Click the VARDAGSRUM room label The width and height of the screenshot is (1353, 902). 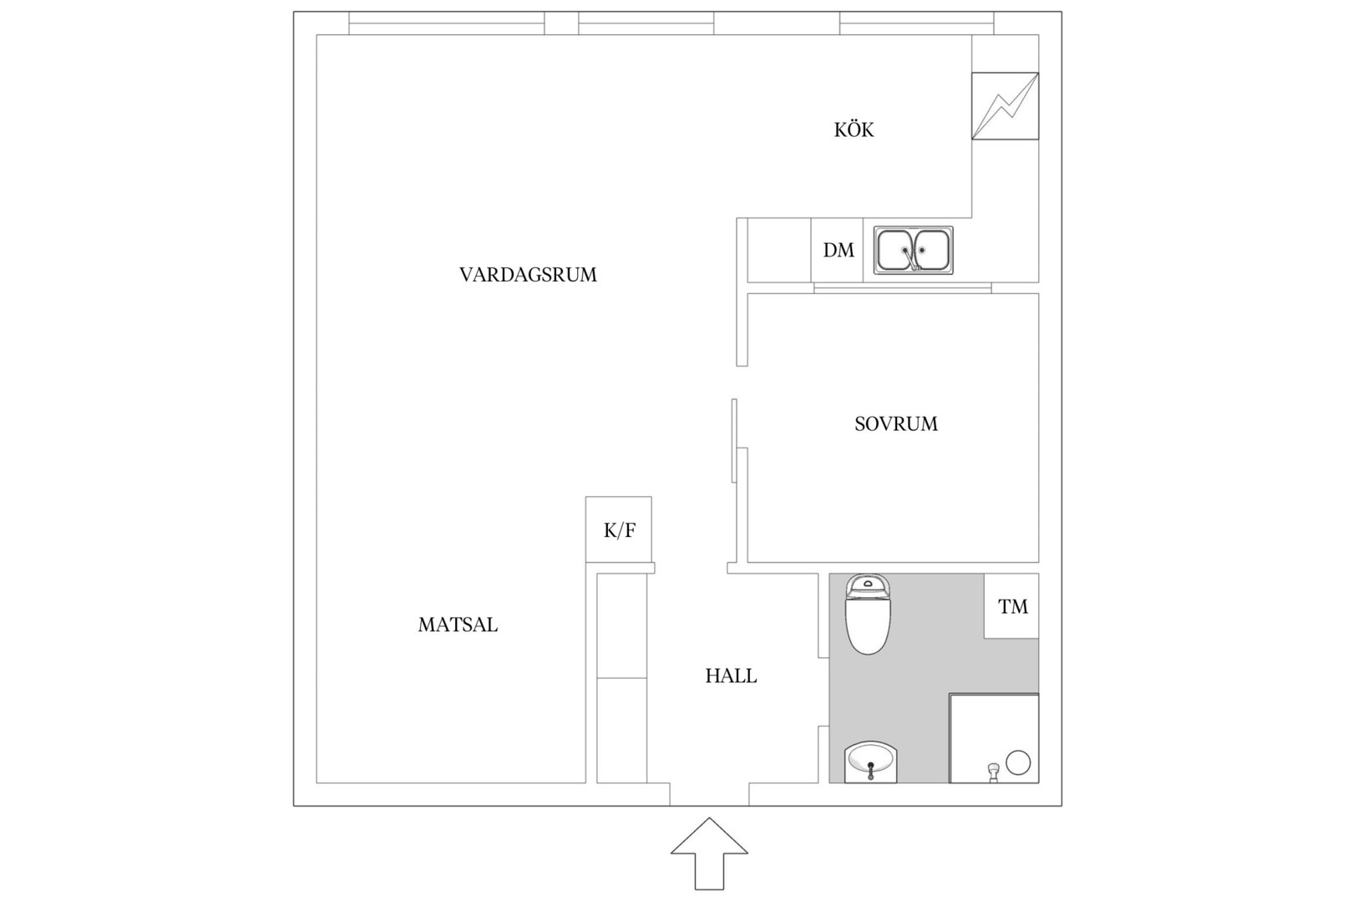click(x=528, y=275)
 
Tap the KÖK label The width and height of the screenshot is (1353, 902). click(x=854, y=129)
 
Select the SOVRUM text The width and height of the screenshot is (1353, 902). click(x=896, y=424)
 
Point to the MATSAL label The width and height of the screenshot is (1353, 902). click(x=458, y=625)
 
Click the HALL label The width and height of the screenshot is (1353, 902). click(x=731, y=676)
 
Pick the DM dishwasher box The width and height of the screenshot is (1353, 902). click(x=837, y=250)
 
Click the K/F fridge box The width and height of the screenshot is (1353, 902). click(x=619, y=530)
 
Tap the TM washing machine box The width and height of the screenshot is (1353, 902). click(x=1011, y=606)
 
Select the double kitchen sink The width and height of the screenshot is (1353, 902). click(x=914, y=250)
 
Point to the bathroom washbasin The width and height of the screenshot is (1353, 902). click(x=870, y=763)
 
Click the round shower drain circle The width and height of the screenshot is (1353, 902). click(x=1018, y=763)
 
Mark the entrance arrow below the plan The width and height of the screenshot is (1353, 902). click(x=709, y=854)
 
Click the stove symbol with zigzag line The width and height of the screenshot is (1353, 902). click(x=1005, y=106)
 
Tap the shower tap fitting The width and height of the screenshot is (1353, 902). click(x=994, y=773)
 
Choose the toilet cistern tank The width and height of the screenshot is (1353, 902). click(x=868, y=585)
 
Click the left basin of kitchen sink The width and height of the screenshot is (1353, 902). click(x=895, y=250)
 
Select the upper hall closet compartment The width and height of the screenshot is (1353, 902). click(x=621, y=626)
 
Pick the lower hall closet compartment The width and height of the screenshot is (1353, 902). click(x=621, y=731)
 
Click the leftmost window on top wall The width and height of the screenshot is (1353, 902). click(x=446, y=23)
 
